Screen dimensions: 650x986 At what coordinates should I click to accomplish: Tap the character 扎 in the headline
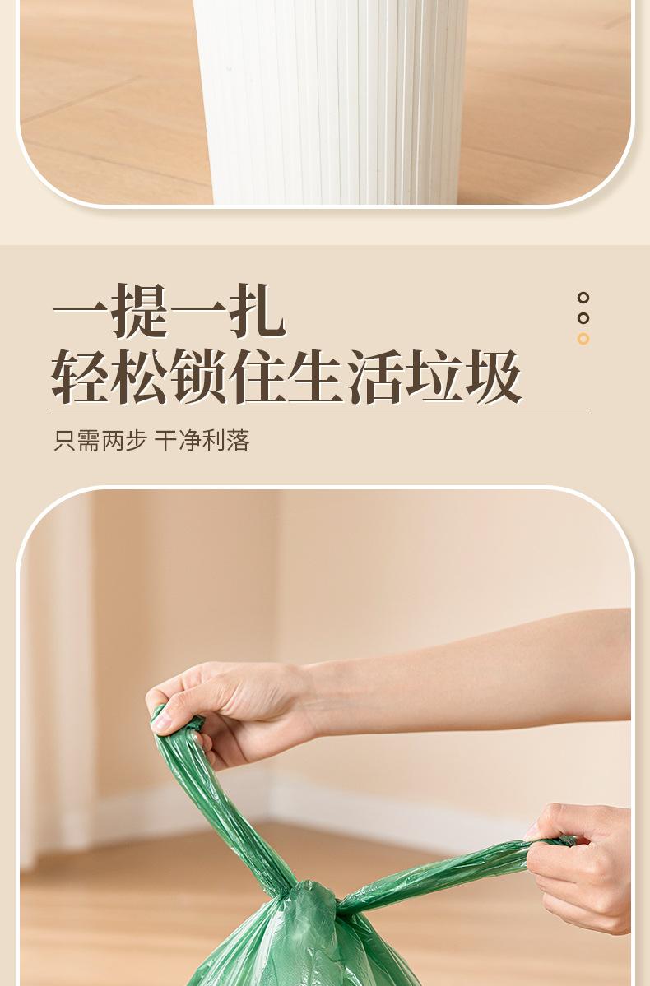tap(258, 312)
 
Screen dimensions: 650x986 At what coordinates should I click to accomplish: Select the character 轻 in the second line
tap(80, 377)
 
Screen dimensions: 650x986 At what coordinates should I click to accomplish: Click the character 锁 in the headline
tap(198, 377)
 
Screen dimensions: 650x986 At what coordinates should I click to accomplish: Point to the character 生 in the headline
tap(317, 377)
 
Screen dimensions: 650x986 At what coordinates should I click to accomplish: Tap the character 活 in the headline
tap(376, 377)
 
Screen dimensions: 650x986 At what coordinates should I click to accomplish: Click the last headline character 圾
tap(494, 377)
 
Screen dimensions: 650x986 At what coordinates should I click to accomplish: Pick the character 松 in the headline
tap(139, 377)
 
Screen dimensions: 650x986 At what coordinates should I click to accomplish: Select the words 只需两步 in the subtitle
tap(100, 441)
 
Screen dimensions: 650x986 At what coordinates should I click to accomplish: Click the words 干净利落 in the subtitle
tap(202, 441)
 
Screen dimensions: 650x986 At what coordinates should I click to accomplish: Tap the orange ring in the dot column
tap(583, 339)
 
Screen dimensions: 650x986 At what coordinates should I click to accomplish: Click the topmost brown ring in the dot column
tap(583, 298)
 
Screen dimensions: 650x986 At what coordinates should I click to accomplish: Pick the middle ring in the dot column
tap(583, 318)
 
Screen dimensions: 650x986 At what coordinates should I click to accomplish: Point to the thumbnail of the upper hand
tap(162, 723)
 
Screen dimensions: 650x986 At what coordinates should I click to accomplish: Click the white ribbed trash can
tap(332, 100)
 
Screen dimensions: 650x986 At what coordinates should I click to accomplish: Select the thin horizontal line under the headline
tap(321, 414)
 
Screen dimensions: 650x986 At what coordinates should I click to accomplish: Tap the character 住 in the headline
tap(258, 377)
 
